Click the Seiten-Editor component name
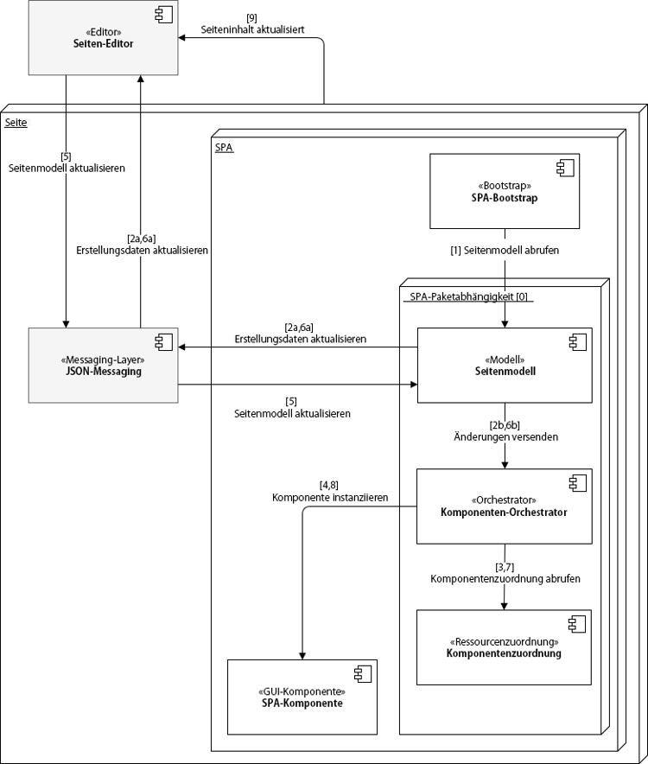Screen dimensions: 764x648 104,46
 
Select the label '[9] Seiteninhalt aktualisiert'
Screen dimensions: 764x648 251,24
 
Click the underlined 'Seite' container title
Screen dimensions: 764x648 16,123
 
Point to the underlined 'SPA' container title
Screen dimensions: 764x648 223,148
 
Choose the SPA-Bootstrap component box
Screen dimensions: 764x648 505,191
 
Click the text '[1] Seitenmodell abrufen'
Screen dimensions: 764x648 505,250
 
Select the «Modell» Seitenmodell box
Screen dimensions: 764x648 505,365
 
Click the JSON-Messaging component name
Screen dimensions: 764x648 104,372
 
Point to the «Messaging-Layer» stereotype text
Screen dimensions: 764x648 104,360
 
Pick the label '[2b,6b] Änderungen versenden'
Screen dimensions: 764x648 505,430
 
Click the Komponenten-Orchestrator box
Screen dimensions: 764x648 505,506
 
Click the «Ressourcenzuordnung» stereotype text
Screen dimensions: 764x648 505,642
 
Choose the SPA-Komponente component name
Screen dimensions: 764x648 302,704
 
